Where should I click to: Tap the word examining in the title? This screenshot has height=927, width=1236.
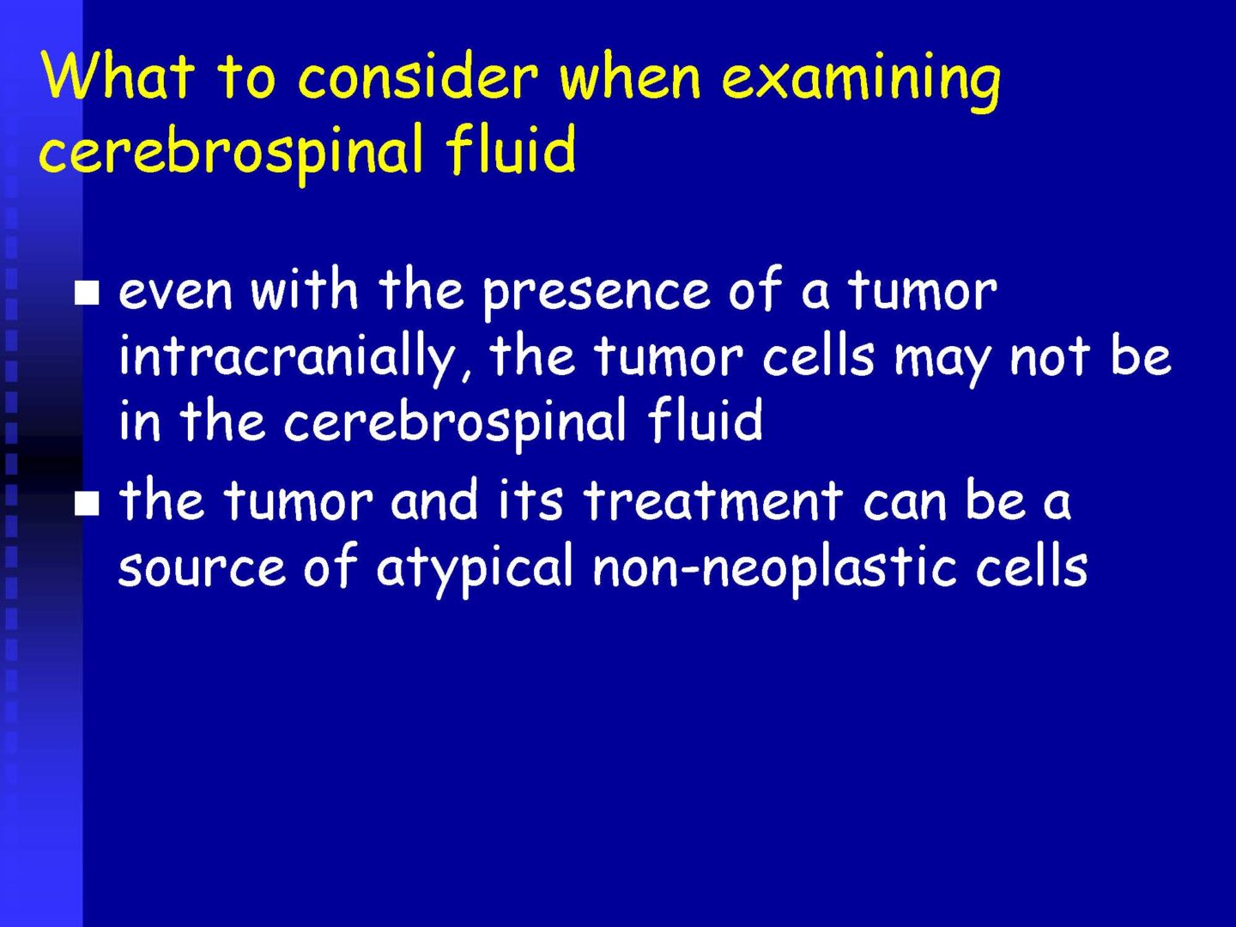pos(860,80)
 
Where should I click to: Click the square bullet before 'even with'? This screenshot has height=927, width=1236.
pos(87,294)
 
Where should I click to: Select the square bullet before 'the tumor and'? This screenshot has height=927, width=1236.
pos(87,503)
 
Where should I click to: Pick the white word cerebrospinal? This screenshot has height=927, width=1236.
pos(455,423)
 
